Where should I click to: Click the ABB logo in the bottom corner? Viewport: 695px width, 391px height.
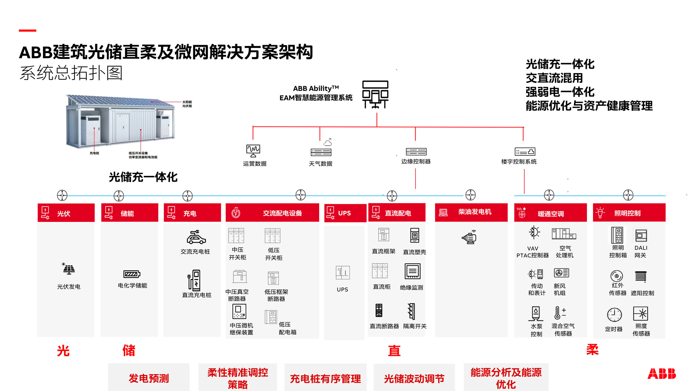pos(661,374)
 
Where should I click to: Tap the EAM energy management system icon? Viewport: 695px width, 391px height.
pos(375,94)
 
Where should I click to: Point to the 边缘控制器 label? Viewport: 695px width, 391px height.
pos(416,161)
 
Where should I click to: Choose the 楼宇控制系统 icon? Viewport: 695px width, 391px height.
pos(525,151)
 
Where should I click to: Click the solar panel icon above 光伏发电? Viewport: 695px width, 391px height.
pos(68,269)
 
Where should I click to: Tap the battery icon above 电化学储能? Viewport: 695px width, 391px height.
pos(132,274)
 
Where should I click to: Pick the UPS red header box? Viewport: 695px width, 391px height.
pos(345,213)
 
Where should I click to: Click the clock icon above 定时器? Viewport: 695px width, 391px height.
pos(614,315)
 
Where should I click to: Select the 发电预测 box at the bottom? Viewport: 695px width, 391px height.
pos(149,378)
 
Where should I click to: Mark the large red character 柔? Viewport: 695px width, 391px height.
pos(592,350)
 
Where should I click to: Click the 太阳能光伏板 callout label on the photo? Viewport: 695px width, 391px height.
pos(187,104)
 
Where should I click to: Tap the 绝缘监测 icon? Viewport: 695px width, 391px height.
pos(412,271)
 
